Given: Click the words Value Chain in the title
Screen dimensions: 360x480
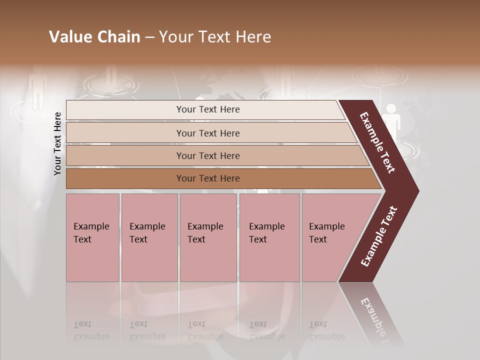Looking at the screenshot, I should click(94, 37).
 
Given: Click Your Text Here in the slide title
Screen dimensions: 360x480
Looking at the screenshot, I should click(215, 37).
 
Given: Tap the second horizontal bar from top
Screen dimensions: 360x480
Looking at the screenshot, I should click(208, 133).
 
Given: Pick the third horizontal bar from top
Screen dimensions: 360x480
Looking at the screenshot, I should click(208, 155).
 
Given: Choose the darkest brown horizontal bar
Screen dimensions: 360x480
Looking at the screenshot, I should click(208, 178).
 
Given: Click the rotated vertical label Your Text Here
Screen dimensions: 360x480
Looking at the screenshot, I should click(57, 143).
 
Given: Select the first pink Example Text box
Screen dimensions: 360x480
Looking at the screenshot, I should click(92, 237).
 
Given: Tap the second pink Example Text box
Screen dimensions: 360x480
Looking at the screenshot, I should click(149, 237).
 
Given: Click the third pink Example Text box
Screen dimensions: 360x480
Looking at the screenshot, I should click(208, 237).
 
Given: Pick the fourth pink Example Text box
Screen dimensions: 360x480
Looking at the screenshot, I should click(269, 237).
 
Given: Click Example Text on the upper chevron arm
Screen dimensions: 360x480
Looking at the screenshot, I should click(378, 142).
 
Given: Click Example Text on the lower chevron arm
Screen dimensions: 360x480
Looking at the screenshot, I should click(379, 236).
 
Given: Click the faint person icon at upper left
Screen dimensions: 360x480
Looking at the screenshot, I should click(38, 89).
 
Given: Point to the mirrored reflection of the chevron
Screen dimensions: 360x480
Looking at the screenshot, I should click(372, 315).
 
